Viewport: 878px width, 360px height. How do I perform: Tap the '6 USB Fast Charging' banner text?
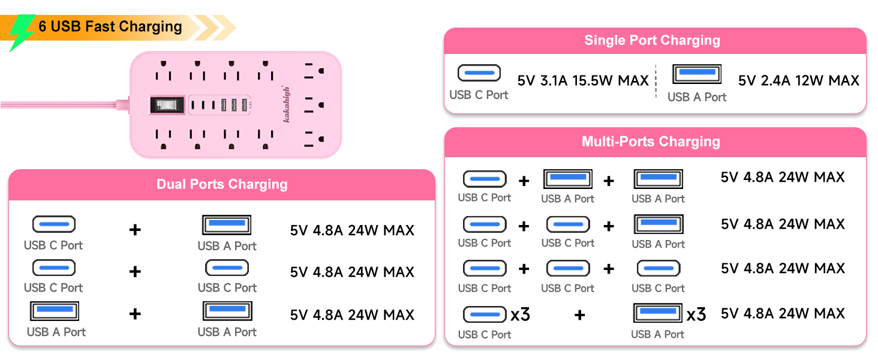point(110,26)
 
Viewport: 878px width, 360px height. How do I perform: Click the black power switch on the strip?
point(167,105)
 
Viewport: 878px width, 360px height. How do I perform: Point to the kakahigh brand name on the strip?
point(287,104)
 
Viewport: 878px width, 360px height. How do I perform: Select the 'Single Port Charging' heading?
point(653,40)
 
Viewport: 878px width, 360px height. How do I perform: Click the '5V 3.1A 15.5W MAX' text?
point(583,81)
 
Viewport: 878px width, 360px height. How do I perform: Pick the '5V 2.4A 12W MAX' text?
point(798,81)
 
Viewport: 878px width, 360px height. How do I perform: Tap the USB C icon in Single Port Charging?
point(479,73)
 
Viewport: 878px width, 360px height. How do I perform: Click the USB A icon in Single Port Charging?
point(697,74)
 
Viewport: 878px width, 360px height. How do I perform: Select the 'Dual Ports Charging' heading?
point(222,184)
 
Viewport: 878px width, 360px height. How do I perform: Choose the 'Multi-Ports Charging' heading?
point(651,142)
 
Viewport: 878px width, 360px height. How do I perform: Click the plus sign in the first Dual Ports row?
point(135,230)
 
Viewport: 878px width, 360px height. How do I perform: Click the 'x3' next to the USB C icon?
point(520,314)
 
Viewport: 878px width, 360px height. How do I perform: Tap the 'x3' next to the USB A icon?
point(696,314)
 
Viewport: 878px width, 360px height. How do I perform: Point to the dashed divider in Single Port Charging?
point(656,81)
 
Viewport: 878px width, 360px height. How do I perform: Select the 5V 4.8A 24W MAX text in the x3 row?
point(783,314)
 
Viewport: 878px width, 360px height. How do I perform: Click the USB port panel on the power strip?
point(220,105)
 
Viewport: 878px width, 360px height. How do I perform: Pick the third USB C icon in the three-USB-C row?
point(659,269)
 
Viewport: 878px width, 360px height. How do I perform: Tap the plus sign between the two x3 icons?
point(580,315)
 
